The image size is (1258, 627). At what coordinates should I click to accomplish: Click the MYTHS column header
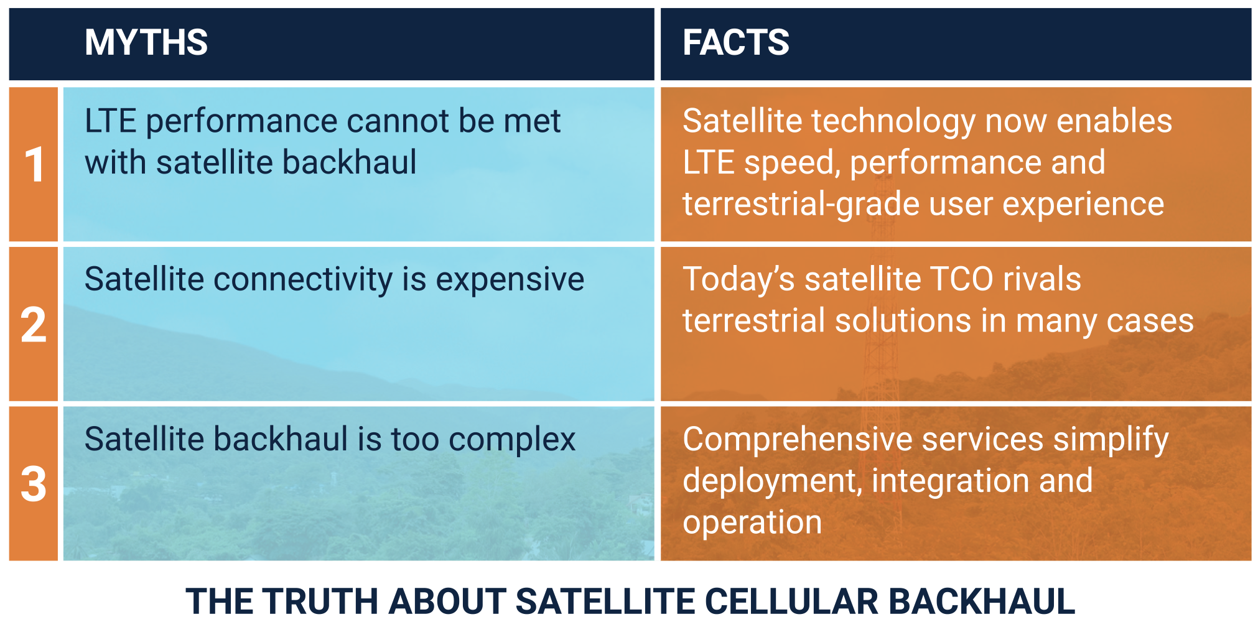146,42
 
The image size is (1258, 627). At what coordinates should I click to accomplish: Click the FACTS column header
736,42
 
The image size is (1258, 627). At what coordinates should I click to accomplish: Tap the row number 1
34,165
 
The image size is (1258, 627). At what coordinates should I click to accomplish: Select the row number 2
34,325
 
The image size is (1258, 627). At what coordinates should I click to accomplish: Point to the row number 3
34,484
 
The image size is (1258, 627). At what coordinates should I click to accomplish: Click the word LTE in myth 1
110,121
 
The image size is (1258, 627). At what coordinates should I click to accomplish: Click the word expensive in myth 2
510,280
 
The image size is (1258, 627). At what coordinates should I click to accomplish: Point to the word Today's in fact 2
738,280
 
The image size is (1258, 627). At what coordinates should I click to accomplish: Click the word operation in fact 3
752,522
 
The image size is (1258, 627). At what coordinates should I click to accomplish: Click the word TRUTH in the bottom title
319,601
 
